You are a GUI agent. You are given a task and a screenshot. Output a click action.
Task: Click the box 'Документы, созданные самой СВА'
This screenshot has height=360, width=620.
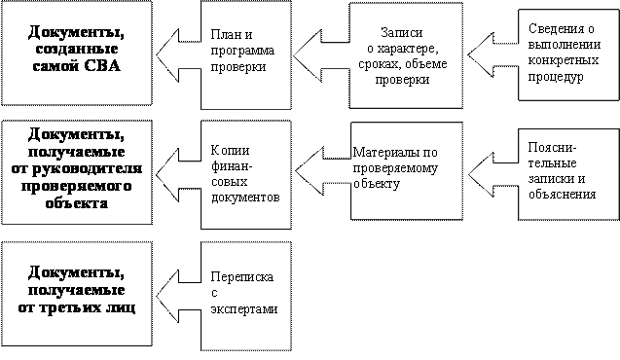[77, 53]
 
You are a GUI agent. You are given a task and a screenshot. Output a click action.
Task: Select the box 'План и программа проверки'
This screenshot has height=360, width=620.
[246, 54]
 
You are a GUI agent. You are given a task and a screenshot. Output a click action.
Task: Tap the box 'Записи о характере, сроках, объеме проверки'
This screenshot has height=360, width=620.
[406, 55]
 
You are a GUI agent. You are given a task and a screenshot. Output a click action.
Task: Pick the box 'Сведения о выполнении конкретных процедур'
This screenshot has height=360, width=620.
[568, 54]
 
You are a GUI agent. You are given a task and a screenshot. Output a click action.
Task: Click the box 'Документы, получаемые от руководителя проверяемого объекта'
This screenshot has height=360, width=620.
[77, 172]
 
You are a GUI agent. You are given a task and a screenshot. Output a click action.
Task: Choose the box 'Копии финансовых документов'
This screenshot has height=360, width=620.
[246, 175]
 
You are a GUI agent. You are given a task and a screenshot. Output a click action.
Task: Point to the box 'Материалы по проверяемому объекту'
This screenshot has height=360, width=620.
[407, 170]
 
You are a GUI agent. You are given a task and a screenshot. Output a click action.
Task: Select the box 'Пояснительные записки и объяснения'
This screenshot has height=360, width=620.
[568, 174]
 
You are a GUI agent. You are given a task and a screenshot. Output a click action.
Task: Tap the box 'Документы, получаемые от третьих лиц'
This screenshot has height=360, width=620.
[77, 294]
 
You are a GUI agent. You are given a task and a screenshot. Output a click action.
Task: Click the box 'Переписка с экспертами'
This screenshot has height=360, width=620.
[246, 296]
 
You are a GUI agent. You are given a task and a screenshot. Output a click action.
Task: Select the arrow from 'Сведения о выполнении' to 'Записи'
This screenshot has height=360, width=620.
[493, 54]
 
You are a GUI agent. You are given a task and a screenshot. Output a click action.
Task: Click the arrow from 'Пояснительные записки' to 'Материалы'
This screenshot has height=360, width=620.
[493, 174]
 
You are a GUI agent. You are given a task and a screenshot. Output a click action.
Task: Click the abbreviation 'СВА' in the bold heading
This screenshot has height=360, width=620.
[101, 65]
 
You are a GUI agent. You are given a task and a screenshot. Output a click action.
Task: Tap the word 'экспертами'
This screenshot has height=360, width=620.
[244, 309]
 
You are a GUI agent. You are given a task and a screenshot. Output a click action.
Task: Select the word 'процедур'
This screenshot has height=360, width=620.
[556, 76]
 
